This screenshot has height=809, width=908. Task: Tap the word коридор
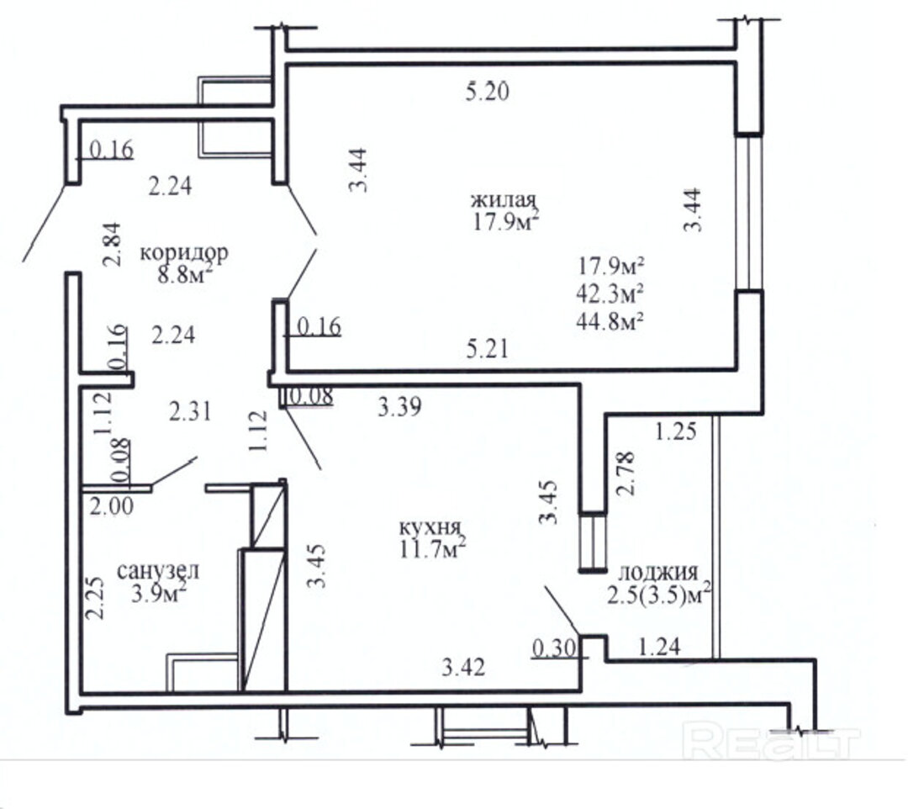[185, 253]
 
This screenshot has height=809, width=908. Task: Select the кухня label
[430, 528]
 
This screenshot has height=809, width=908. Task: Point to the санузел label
[158, 571]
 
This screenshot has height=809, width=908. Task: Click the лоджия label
[657, 573]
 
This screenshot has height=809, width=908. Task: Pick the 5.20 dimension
[488, 92]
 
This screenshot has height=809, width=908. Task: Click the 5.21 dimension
[488, 349]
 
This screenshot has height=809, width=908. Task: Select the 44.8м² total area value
[610, 320]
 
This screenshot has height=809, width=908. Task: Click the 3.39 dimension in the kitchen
[399, 407]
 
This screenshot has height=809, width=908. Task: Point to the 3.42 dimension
[463, 669]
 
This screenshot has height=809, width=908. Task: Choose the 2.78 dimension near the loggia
[626, 473]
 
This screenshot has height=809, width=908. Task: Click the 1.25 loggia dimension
[676, 431]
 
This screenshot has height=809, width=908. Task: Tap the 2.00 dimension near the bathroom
[111, 506]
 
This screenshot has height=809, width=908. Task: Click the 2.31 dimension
[190, 412]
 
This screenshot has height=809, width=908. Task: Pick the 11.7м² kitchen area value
[433, 547]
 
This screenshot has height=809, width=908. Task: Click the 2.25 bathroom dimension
[95, 598]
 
